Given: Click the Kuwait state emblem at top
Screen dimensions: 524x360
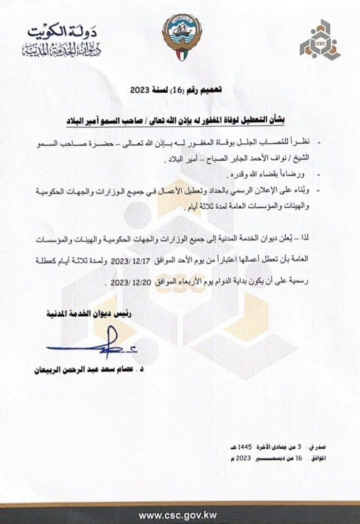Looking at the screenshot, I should click(x=182, y=37).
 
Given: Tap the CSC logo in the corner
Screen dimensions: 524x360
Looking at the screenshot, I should click(x=320, y=40).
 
